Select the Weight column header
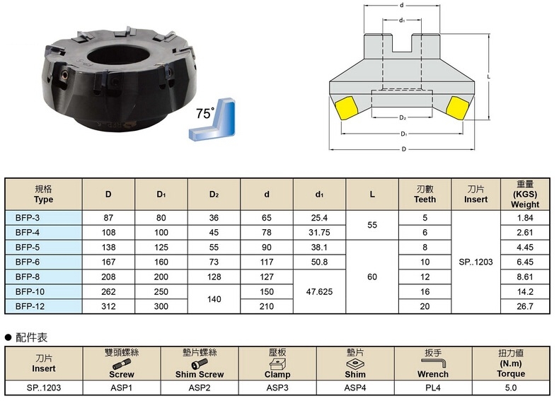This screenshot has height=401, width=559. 525,194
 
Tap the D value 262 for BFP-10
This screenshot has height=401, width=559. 108,291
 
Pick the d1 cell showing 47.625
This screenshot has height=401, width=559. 319,291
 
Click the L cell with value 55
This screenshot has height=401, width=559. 371,225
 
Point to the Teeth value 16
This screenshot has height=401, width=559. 425,291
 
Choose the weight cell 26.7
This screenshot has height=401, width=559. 525,306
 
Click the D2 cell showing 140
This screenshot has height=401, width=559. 214,299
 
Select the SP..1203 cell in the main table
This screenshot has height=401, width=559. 476,262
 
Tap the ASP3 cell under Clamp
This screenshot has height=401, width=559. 277,388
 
